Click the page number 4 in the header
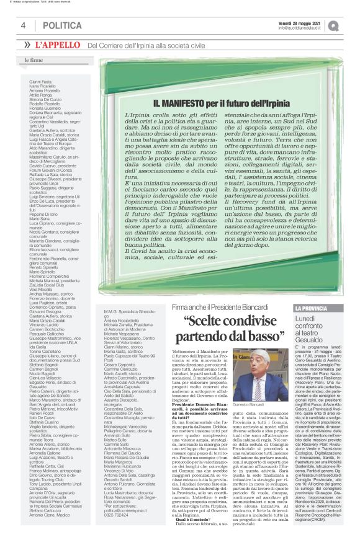pyautogui.click(x=23, y=25)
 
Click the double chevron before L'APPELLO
pyautogui.click(x=27, y=45)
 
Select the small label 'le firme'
pyautogui.click(x=34, y=61)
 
